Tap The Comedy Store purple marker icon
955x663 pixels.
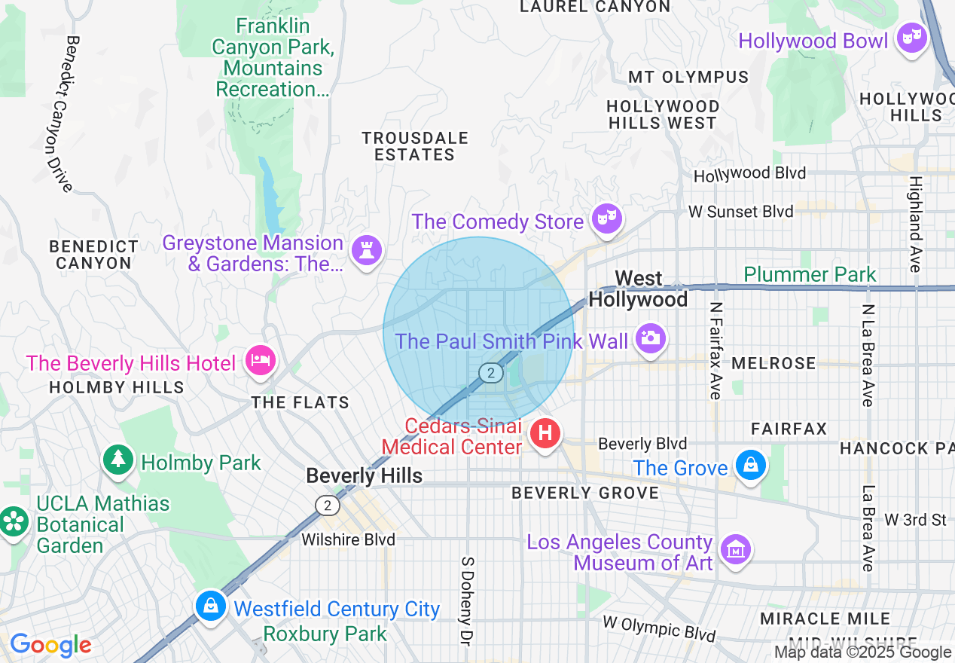pyautogui.click(x=606, y=219)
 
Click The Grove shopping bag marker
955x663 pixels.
pyautogui.click(x=751, y=466)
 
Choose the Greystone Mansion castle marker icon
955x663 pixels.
pyautogui.click(x=367, y=249)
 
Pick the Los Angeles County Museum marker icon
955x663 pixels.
pyautogui.click(x=735, y=549)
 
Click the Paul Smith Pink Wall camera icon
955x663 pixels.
pyautogui.click(x=649, y=338)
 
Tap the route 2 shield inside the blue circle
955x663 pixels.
pyautogui.click(x=491, y=372)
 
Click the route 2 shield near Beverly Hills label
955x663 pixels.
pyautogui.click(x=327, y=506)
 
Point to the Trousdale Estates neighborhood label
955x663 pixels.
pyautogui.click(x=415, y=146)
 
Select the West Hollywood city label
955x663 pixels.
pyautogui.click(x=638, y=289)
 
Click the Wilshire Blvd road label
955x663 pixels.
pyautogui.click(x=348, y=539)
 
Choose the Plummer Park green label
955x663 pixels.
pyautogui.click(x=810, y=274)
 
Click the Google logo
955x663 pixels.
pyautogui.click(x=50, y=645)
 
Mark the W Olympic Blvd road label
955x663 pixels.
pyautogui.click(x=659, y=628)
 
